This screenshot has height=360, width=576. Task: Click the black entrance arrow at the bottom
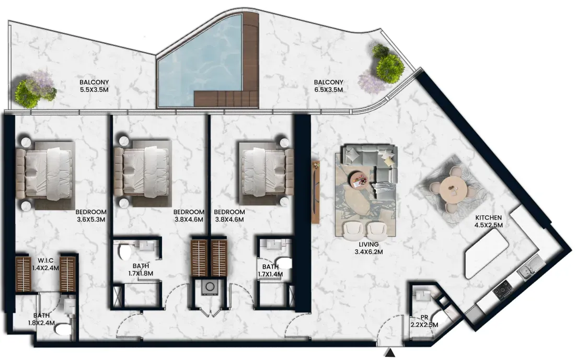390,353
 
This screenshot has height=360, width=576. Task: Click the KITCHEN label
489,218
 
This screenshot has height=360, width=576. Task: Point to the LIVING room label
369,245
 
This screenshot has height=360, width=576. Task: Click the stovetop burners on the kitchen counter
502,289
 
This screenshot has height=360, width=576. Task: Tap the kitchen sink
528,266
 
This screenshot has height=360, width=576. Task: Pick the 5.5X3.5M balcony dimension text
94,90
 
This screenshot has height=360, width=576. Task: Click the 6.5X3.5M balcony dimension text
328,90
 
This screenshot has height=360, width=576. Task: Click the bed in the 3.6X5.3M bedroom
45,171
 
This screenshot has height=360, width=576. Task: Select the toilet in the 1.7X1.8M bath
125,252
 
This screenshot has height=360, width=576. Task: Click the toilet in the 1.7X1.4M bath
285,264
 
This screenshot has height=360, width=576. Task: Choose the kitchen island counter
486,257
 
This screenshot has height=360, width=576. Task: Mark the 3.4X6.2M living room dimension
369,252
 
